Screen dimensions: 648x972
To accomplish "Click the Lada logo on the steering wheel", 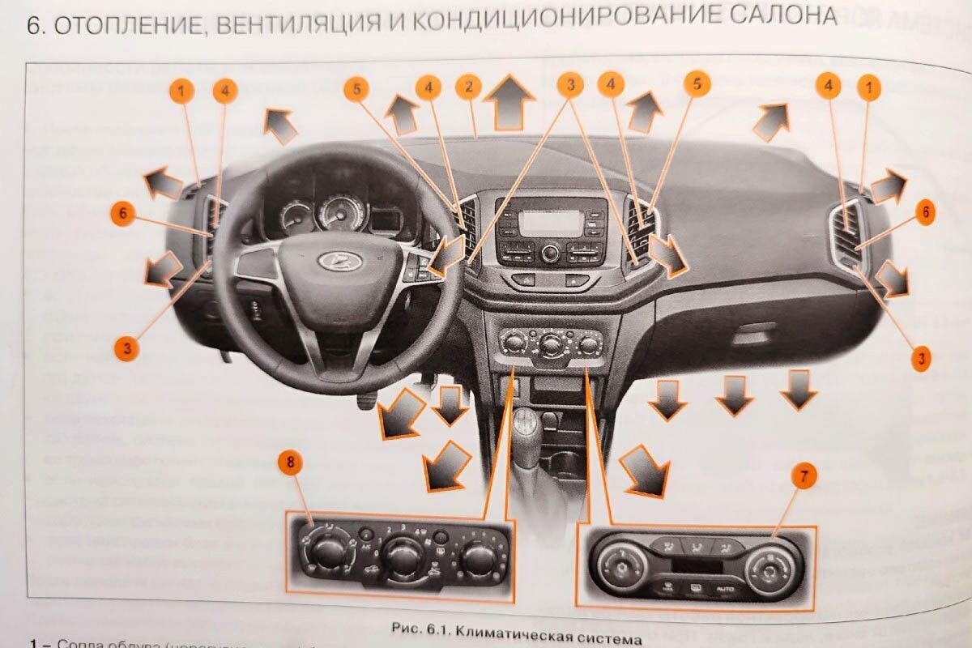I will pyautogui.click(x=331, y=261).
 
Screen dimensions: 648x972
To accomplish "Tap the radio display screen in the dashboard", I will pyautogui.click(x=549, y=222).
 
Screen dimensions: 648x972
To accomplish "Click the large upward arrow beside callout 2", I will pyautogui.click(x=509, y=101).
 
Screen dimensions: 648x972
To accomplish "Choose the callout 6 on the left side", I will pyautogui.click(x=122, y=215).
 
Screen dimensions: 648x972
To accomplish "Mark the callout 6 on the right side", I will pyautogui.click(x=925, y=213).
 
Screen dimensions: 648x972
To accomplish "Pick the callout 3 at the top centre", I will pyautogui.click(x=570, y=84).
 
